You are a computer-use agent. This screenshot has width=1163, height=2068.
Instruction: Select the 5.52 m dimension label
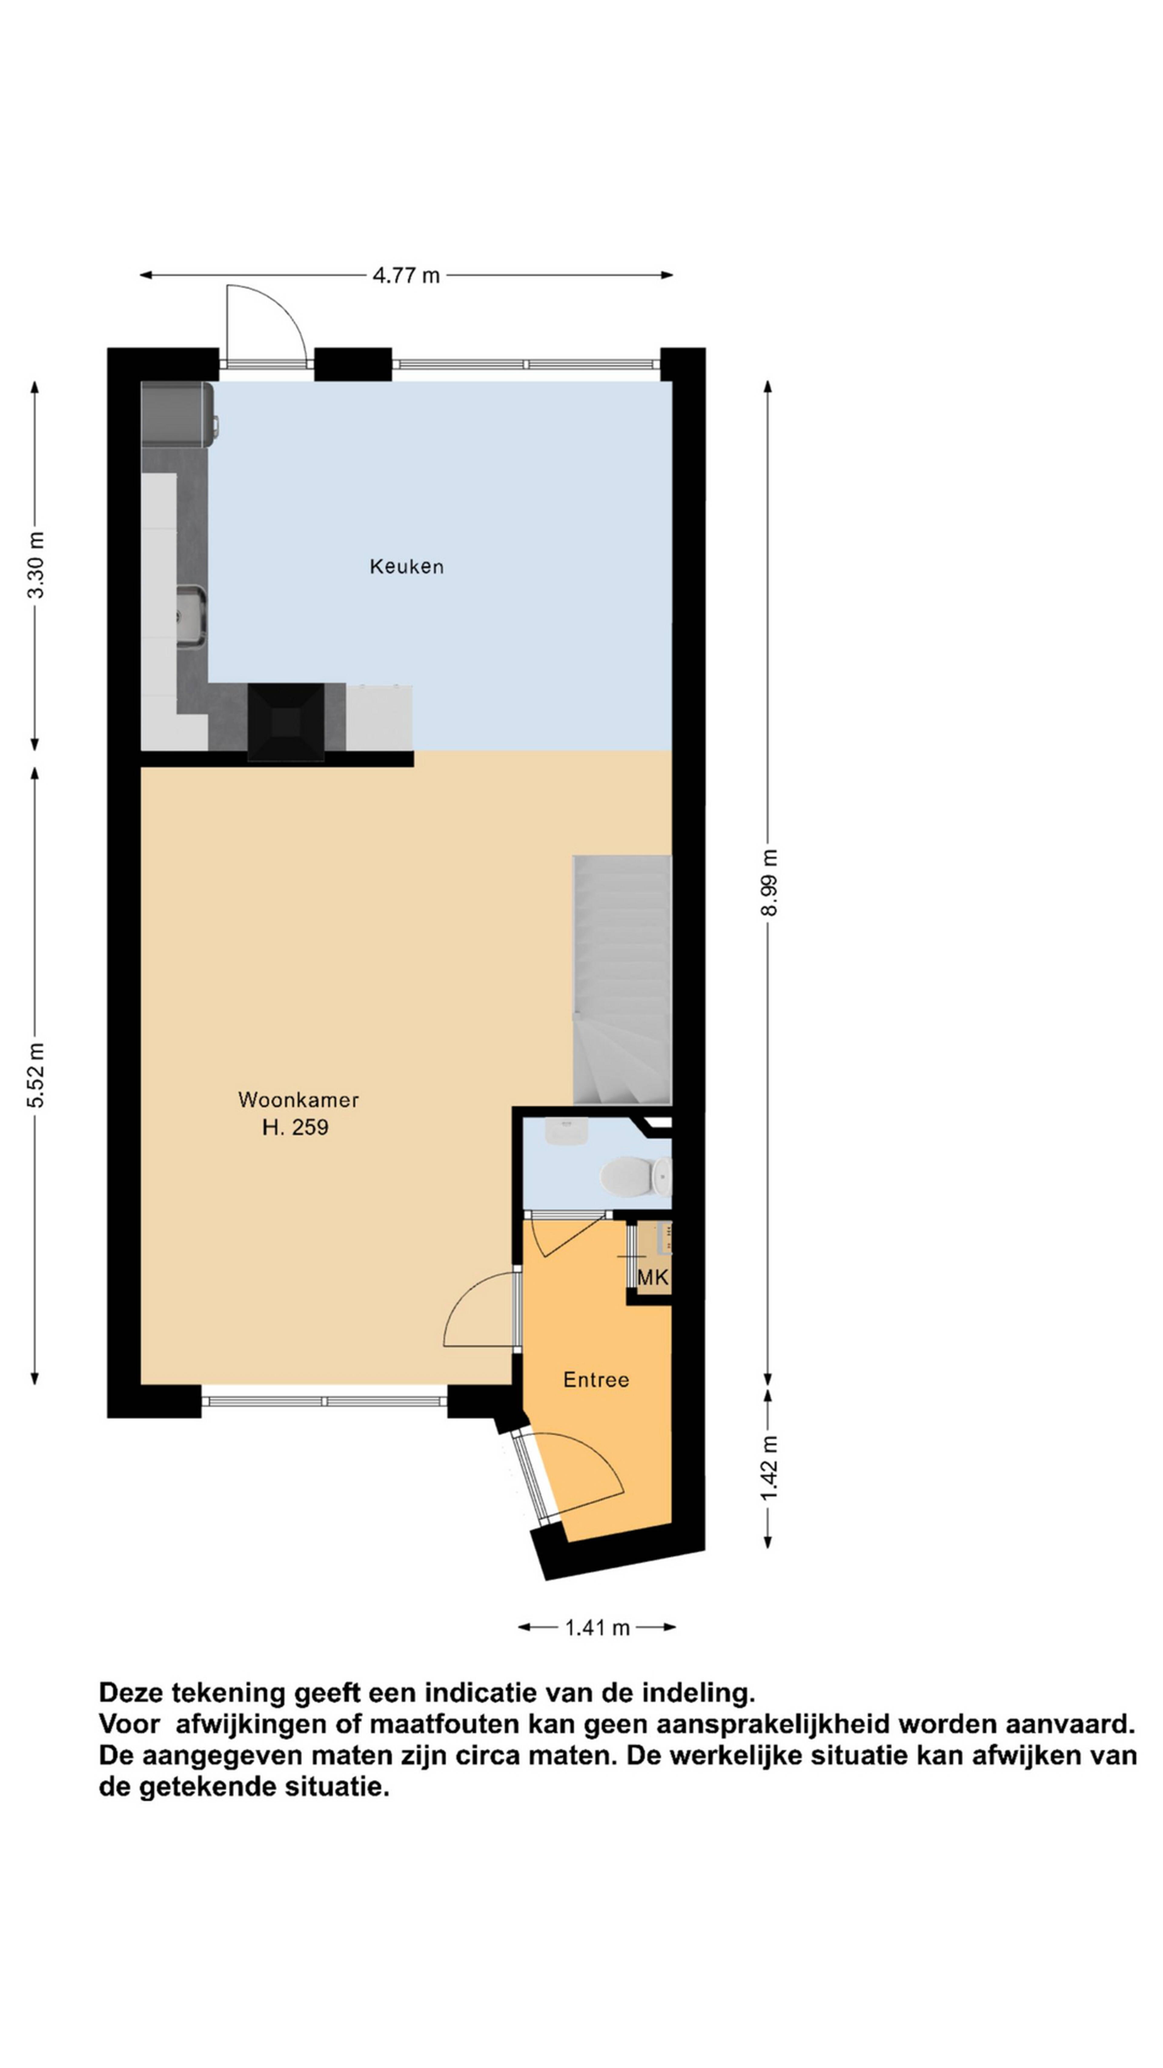36,1075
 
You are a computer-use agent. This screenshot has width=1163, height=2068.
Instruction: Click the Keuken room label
406,567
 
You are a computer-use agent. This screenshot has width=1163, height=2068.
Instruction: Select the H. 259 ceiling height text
295,1127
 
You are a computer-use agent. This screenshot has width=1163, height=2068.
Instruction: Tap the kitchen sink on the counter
192,616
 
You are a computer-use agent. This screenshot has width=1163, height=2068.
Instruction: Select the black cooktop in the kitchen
286,722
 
